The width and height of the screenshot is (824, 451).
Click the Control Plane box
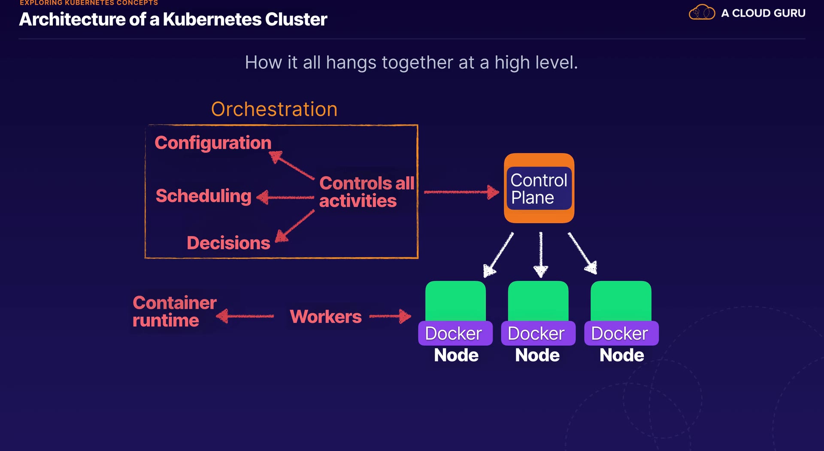tap(539, 188)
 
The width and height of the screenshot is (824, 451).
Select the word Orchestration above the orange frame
tap(274, 109)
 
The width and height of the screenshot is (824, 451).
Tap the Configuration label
tap(213, 143)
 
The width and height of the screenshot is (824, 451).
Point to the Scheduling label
tap(203, 196)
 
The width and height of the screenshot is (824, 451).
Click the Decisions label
tap(228, 243)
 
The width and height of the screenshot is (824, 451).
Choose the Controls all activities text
tap(367, 192)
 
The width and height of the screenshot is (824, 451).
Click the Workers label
tap(326, 317)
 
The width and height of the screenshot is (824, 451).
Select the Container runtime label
tap(174, 311)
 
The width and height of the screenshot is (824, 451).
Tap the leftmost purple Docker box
tap(455, 333)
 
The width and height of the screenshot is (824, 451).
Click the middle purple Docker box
tap(538, 333)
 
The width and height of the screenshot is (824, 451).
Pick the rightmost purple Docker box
tap(621, 333)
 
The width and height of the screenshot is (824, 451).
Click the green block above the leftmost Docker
tap(455, 301)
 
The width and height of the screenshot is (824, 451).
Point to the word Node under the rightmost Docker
tap(622, 355)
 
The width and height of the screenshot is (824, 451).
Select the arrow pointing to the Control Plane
tap(462, 192)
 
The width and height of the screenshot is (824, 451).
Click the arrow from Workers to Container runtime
tap(245, 317)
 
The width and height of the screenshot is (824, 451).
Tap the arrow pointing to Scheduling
tap(285, 198)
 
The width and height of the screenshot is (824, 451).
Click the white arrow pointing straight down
tap(541, 255)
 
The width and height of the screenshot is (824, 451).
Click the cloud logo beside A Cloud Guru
tap(702, 12)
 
